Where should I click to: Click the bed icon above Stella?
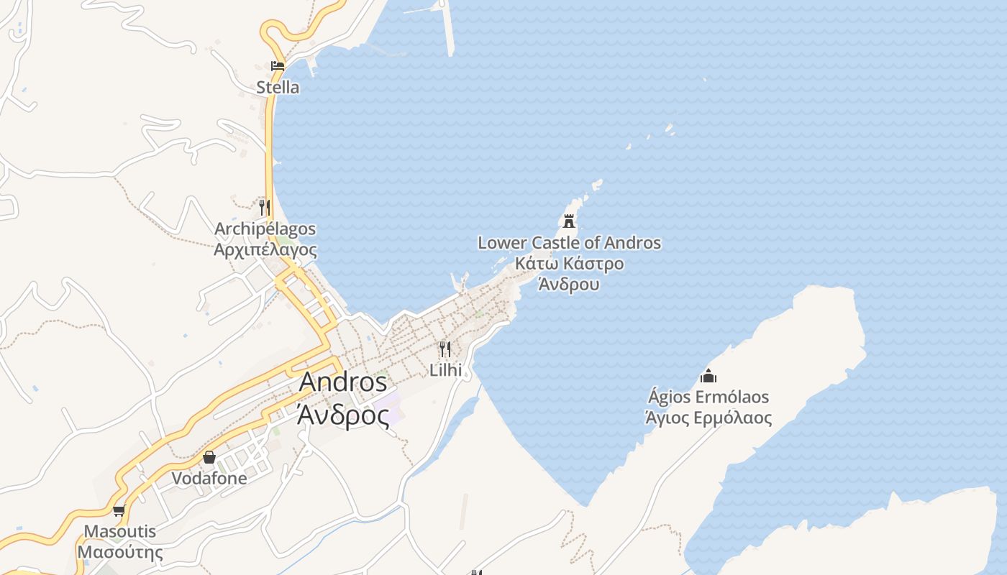[x=278, y=66]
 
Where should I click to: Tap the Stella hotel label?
[x=278, y=88]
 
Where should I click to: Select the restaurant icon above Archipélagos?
[x=265, y=208]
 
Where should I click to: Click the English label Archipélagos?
[x=265, y=229]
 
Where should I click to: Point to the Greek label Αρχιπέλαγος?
[x=265, y=249]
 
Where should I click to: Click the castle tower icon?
[x=570, y=221]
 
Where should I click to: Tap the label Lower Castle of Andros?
[x=569, y=243]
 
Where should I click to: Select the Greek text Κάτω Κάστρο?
[x=569, y=264]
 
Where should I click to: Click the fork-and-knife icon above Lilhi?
[x=445, y=350]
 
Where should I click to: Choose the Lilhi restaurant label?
[x=445, y=371]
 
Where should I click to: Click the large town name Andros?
[x=343, y=382]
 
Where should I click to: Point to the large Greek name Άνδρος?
[x=343, y=415]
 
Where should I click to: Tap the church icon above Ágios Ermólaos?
[x=708, y=376]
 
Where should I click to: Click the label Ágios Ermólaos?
[x=708, y=397]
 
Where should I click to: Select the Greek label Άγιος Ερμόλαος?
[x=708, y=418]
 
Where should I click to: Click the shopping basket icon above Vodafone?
[x=209, y=457]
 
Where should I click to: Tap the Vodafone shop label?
[x=209, y=479]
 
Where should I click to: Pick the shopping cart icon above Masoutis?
[x=119, y=511]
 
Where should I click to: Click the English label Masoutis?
[x=120, y=533]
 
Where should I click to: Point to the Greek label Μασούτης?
[x=120, y=553]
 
